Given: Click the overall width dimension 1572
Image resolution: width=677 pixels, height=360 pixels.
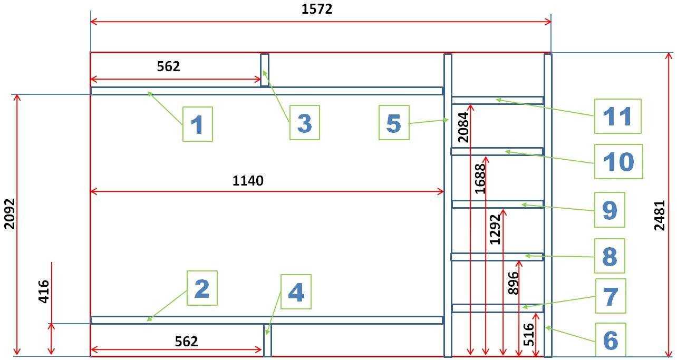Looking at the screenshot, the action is click(x=317, y=9).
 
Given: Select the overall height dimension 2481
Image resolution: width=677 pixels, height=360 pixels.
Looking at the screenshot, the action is click(x=660, y=216).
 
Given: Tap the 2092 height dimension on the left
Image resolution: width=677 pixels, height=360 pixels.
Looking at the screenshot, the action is click(x=9, y=213).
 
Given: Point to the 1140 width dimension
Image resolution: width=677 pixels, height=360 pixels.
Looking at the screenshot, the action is click(x=248, y=181).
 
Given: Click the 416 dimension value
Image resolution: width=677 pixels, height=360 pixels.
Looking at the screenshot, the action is click(x=44, y=291).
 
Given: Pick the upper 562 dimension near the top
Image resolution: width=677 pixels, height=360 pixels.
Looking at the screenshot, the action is click(x=168, y=66).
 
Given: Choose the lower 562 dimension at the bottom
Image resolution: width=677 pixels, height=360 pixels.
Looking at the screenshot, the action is click(x=186, y=342).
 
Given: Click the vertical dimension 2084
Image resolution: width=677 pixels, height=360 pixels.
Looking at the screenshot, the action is click(x=463, y=127).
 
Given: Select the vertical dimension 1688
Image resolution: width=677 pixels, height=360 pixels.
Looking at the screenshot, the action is click(x=480, y=179).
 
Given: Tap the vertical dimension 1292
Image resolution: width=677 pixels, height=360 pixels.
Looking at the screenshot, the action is click(x=495, y=229).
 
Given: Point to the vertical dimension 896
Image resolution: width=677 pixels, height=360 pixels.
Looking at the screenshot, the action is click(x=514, y=283).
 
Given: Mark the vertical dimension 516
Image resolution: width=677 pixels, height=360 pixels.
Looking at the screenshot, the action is click(x=529, y=335).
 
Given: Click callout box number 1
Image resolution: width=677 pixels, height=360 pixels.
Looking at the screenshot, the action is click(x=198, y=124).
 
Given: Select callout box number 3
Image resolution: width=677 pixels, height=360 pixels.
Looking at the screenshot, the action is click(x=304, y=122).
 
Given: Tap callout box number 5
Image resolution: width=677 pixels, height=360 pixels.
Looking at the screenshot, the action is click(x=394, y=122).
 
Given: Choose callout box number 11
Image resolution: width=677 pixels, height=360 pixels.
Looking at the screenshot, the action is click(x=618, y=116).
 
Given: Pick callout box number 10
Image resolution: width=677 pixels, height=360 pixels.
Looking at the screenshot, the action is click(x=618, y=161).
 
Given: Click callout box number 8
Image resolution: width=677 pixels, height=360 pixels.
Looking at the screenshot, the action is click(x=610, y=256).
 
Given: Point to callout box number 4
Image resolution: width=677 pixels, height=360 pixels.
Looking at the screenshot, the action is click(x=296, y=291).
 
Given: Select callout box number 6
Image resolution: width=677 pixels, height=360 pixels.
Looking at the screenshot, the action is click(x=611, y=340).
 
